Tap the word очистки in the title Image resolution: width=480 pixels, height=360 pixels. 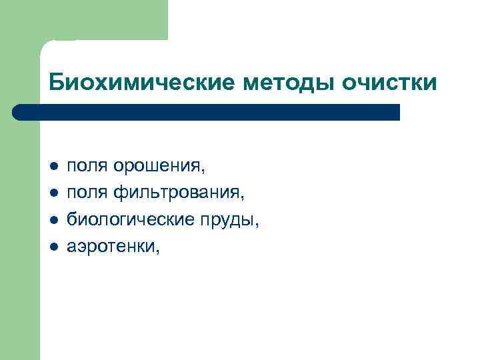click(x=390, y=83)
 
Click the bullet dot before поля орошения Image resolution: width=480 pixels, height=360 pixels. click(x=54, y=165)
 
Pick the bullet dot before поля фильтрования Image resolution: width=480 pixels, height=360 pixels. click(x=54, y=193)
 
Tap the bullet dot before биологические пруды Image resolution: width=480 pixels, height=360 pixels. click(x=54, y=220)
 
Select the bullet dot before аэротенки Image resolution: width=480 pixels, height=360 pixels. click(x=54, y=247)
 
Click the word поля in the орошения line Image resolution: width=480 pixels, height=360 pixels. click(x=87, y=165)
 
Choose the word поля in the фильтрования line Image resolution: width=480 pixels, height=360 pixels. click(x=87, y=193)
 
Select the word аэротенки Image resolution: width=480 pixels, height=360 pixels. click(x=111, y=247)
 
